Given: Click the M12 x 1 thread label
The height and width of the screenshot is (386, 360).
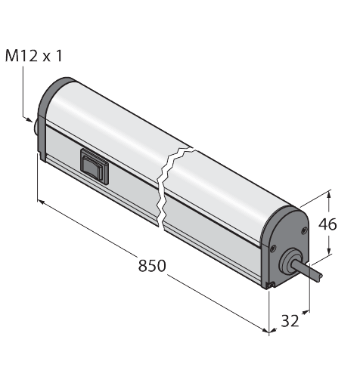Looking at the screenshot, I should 33,56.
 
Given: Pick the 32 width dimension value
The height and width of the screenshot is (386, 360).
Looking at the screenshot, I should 288,321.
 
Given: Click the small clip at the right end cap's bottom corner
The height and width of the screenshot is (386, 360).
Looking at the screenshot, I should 270,284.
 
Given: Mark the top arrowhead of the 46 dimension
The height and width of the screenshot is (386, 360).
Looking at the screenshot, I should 331,195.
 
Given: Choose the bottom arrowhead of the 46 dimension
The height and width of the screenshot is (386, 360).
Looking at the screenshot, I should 330,252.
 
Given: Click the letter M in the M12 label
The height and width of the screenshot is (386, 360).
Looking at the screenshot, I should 12,56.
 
